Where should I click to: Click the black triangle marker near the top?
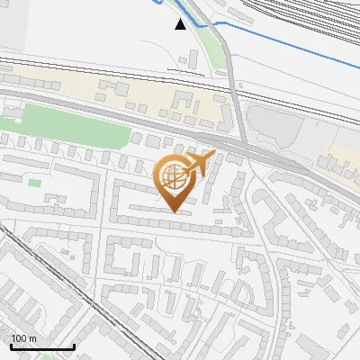click(x=181, y=24)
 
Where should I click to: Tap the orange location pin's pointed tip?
click(x=174, y=211)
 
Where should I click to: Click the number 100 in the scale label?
click(x=18, y=338)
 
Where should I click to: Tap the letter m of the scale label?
click(x=31, y=338)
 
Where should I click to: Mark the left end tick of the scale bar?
click(x=11, y=346)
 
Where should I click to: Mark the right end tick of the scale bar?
click(x=74, y=346)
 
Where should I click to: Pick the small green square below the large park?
click(x=34, y=183)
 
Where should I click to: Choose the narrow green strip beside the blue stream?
click(x=212, y=45)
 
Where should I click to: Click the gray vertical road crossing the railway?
click(x=236, y=99)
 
